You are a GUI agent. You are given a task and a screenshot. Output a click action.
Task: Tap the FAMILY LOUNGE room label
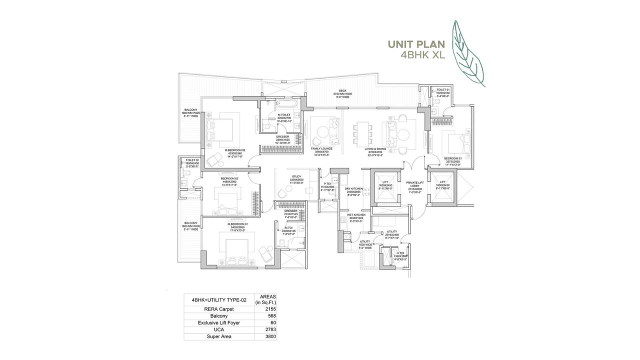(x=322, y=149)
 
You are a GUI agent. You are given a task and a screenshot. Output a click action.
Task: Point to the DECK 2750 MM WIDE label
(x=345, y=93)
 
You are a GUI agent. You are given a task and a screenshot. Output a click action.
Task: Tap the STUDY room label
(x=296, y=177)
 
